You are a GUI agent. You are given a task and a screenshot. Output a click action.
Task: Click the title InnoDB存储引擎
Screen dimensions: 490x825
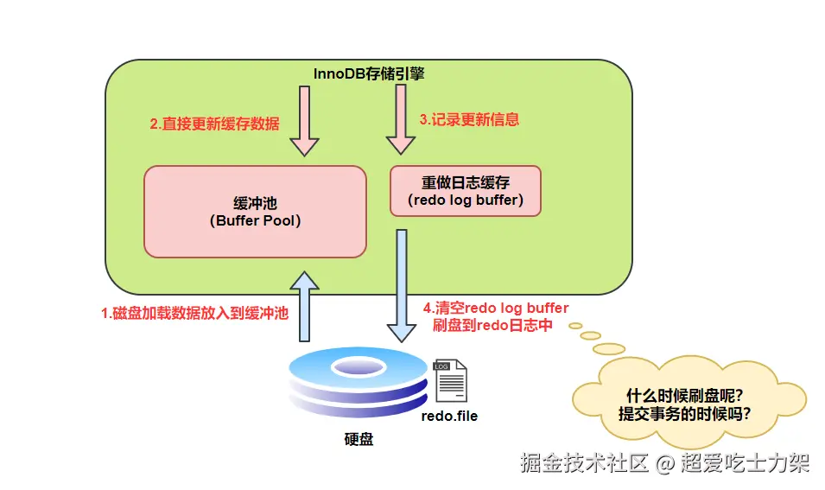point(369,73)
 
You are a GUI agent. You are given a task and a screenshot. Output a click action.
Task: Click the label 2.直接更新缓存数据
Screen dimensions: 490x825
point(214,124)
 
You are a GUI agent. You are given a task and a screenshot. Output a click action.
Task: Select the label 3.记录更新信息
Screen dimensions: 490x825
point(469,119)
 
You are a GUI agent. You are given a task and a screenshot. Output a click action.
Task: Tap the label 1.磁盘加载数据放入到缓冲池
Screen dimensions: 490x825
point(194,314)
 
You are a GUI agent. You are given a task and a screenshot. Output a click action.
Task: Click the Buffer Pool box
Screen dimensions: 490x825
point(255,212)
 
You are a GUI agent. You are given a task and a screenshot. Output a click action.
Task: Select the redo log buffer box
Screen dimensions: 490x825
point(466,192)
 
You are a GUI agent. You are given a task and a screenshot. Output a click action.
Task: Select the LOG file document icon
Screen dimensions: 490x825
point(450,381)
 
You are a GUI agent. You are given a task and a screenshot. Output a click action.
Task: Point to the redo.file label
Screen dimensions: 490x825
point(449,416)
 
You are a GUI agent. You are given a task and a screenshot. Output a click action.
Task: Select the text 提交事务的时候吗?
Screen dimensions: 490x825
point(683,413)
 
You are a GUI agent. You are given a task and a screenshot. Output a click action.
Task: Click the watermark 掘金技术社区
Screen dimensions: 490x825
point(584,462)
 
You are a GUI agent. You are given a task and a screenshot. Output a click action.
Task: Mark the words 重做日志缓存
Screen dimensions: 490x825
point(466,183)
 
